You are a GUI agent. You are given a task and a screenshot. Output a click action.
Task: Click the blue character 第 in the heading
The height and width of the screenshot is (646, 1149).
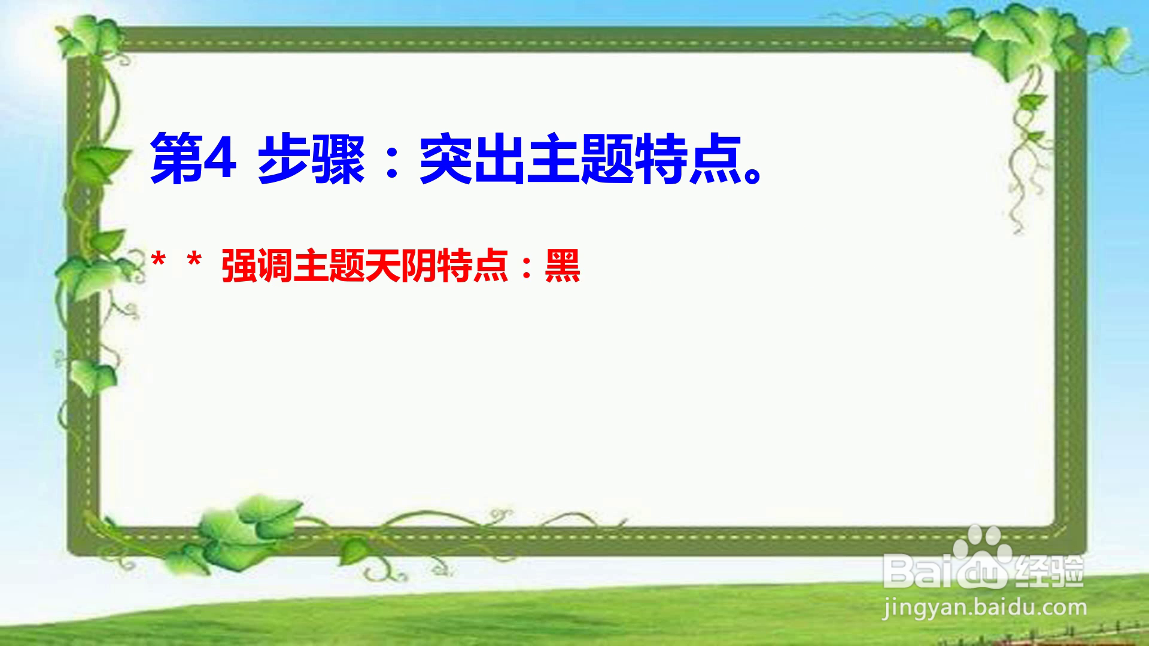coord(177,159)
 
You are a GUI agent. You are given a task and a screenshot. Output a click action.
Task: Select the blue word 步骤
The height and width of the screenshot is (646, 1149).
coord(311,159)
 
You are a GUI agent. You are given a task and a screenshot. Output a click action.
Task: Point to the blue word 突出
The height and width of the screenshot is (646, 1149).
coord(473,159)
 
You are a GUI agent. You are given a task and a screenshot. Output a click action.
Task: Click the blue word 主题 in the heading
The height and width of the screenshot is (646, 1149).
coord(580,159)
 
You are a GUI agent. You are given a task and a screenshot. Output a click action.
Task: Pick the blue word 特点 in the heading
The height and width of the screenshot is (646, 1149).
coord(688,159)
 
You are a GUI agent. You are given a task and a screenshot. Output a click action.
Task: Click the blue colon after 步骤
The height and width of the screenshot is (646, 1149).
coord(393,161)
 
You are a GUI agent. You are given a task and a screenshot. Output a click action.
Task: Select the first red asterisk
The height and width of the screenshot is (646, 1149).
coord(159,261)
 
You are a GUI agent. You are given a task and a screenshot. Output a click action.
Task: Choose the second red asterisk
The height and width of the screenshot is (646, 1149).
coord(194,261)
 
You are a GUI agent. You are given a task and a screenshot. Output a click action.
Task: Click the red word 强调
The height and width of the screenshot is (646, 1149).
coord(257,266)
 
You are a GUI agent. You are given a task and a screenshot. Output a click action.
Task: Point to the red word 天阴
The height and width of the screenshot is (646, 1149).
coord(401,266)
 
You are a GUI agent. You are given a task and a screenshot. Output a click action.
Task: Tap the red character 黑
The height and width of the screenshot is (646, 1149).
coord(563,266)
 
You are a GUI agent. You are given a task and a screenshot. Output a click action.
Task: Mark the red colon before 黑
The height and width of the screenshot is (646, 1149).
coord(527,268)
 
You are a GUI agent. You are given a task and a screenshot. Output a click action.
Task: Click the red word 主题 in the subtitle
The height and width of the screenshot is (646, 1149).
coord(329,266)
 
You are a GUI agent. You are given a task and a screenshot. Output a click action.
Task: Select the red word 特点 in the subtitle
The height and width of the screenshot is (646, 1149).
coord(473,266)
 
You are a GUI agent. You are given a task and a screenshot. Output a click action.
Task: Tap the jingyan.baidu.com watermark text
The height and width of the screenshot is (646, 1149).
coord(985,608)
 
